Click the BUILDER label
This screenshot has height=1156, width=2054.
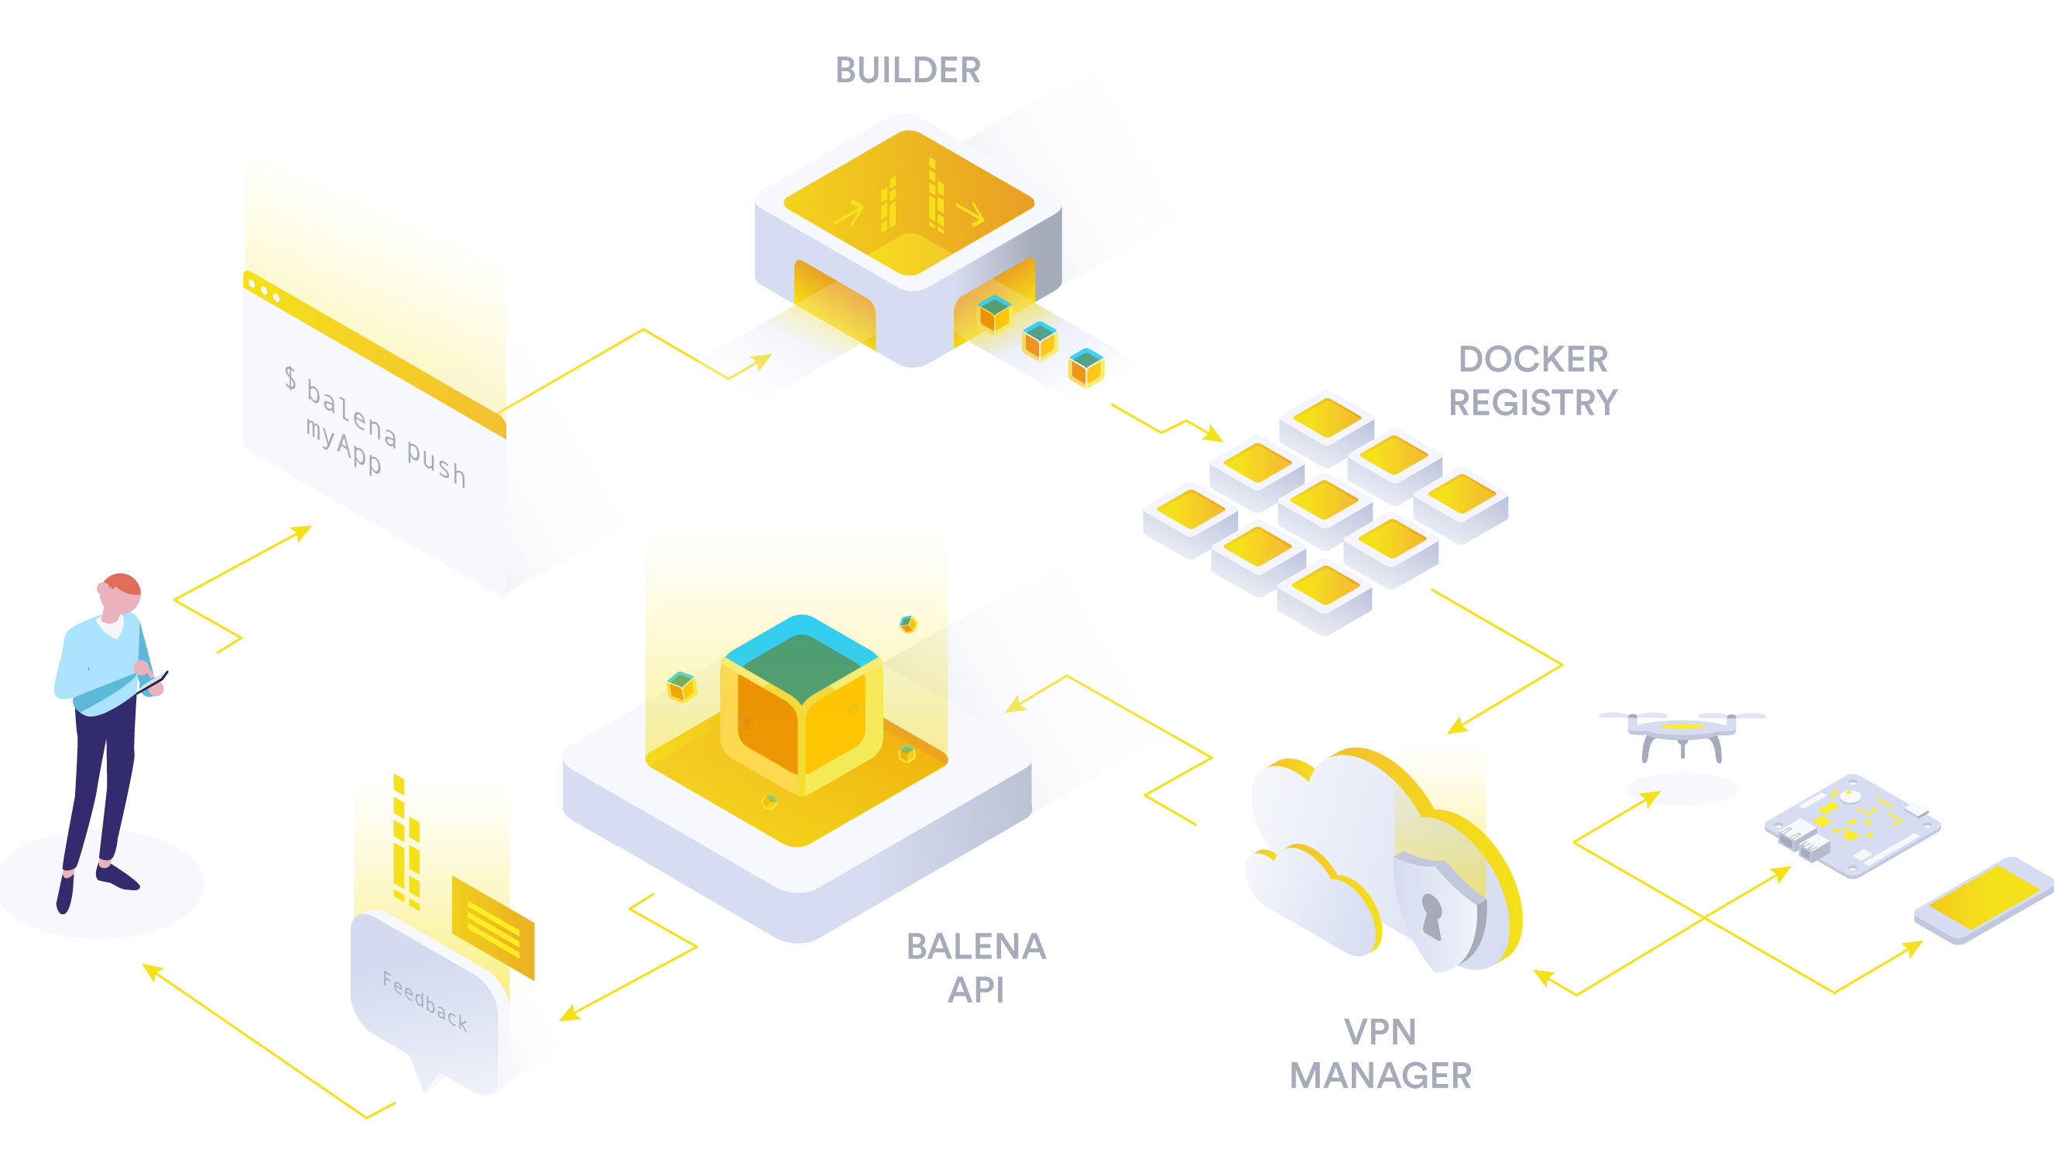[x=907, y=71]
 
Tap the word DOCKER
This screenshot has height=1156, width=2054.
[x=1532, y=359]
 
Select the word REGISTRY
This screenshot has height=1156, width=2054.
[x=1532, y=403]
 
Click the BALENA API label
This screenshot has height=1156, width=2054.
[x=976, y=968]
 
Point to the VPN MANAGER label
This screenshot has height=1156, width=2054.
[x=1380, y=1054]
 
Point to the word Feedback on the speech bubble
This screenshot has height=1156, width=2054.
[x=424, y=1000]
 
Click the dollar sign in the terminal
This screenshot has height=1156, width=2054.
[x=290, y=377]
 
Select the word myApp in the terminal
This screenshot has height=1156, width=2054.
[x=344, y=446]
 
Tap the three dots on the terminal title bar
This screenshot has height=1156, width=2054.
[x=264, y=291]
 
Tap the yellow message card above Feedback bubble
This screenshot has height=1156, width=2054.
[x=492, y=927]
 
